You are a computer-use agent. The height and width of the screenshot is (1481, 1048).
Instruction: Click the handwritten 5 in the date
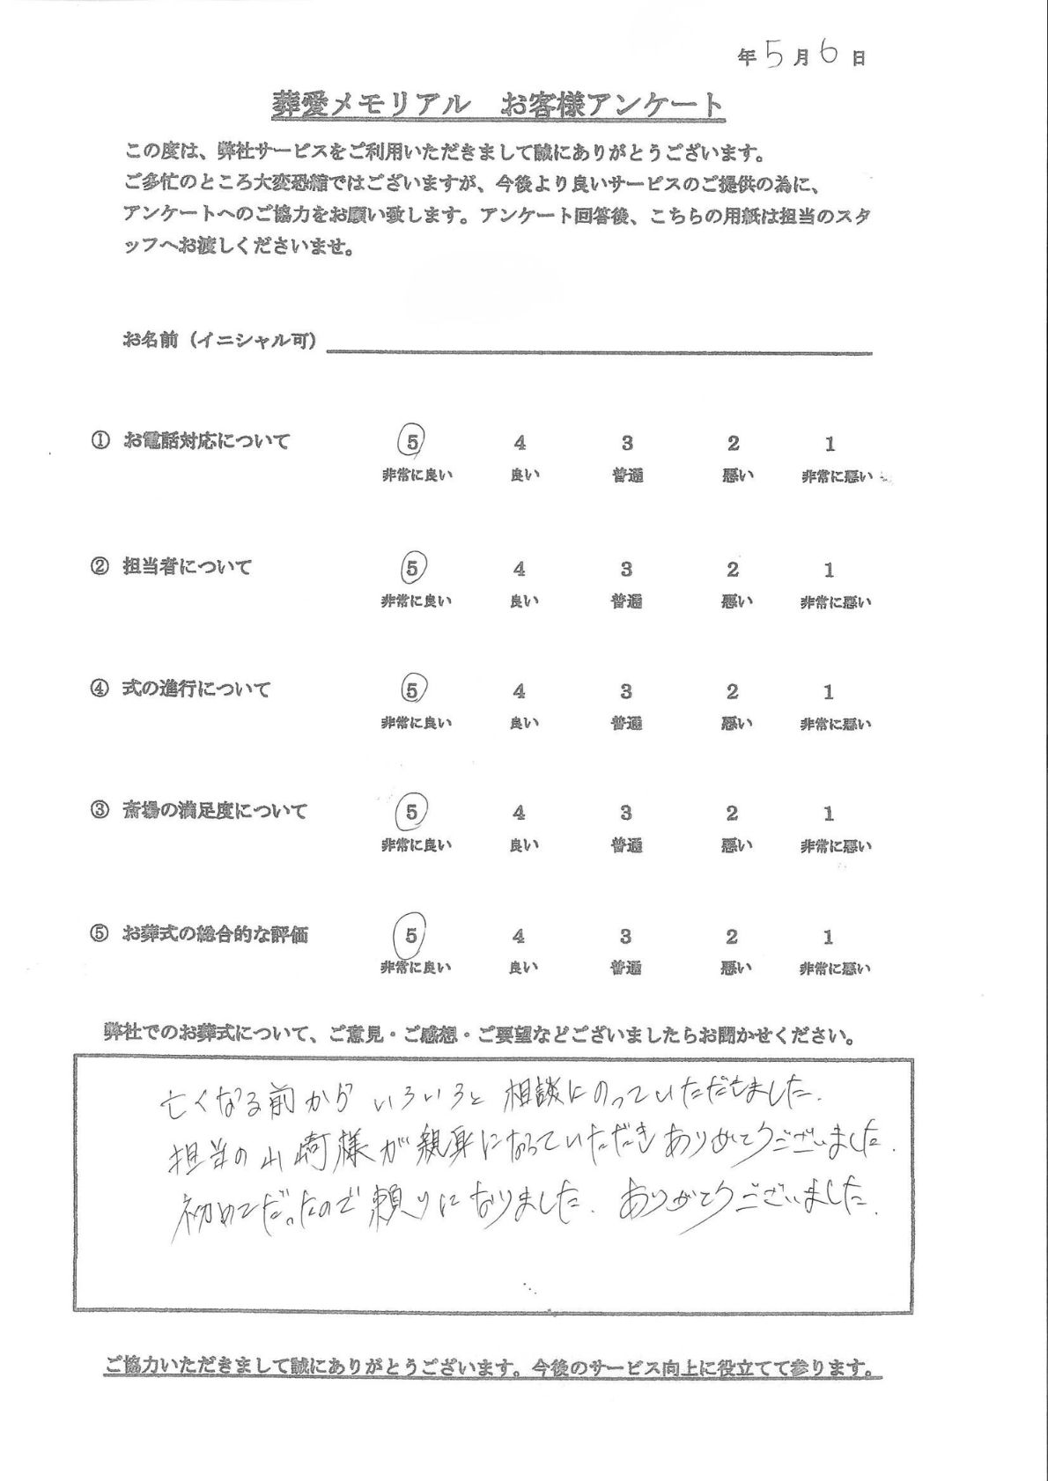[774, 55]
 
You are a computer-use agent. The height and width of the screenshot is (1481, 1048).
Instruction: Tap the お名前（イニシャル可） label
[219, 340]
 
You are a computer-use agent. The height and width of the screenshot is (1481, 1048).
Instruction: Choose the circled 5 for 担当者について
[412, 569]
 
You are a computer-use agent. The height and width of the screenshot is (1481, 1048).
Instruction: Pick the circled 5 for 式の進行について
[412, 689]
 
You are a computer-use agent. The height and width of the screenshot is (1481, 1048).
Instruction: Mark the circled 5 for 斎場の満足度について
[412, 812]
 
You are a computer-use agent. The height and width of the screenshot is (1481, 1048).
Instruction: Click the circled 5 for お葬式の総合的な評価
[411, 935]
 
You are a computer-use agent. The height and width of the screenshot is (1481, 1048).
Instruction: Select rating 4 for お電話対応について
[520, 444]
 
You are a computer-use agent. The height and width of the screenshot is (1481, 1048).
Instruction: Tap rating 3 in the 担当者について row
[626, 570]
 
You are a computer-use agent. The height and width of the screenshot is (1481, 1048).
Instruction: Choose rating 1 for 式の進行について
[829, 692]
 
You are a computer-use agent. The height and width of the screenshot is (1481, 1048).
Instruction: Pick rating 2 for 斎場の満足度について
[732, 814]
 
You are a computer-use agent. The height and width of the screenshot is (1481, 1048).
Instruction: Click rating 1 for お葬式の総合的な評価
[828, 937]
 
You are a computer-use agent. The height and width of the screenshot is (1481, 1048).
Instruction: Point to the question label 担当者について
[187, 567]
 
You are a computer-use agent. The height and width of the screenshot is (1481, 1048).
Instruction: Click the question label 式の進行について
[196, 689]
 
